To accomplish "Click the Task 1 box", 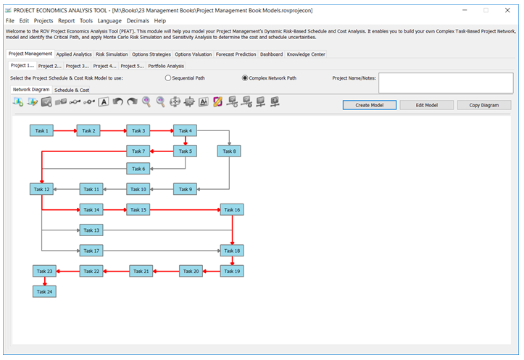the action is tap(41, 130).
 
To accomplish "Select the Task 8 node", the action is tap(229, 151).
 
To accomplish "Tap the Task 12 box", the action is tap(41, 189).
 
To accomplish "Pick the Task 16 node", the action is tap(232, 210).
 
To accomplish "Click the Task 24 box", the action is tap(44, 291).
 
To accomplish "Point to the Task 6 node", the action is tap(138, 169).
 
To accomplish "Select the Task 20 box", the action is tap(191, 271).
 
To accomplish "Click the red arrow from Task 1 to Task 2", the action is tap(65, 130).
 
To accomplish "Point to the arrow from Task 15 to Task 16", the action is tap(185, 210).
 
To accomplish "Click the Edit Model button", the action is tap(426, 105).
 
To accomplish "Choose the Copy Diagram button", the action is tap(484, 105).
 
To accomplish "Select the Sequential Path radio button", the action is tap(167, 78).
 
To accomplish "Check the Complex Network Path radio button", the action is tap(245, 78).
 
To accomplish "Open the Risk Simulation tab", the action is tap(112, 54).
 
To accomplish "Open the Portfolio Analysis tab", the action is tap(166, 66).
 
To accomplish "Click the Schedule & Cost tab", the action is tap(72, 90).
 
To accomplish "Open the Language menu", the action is tap(109, 21).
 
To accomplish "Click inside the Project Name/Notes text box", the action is tap(446, 83).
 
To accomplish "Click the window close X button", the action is tap(507, 10).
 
